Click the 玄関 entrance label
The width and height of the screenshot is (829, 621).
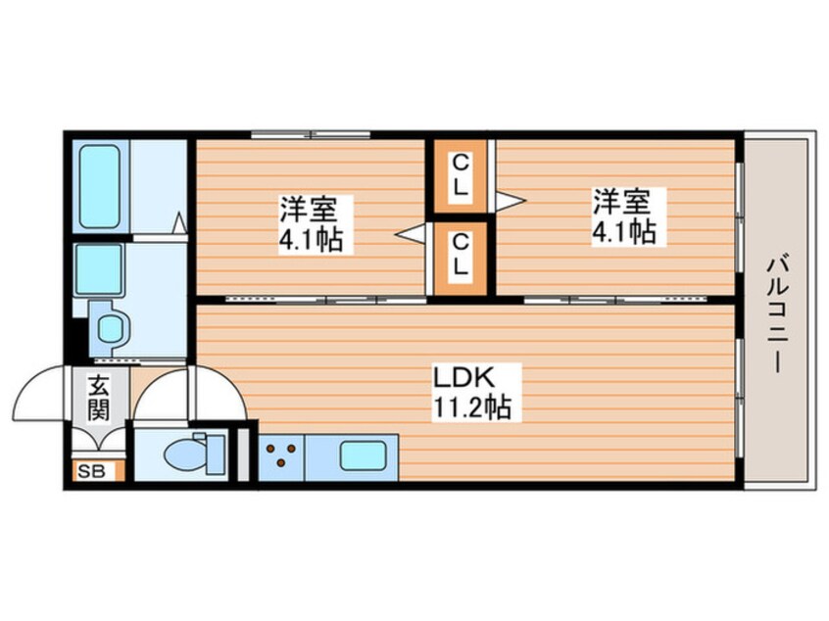pos(97,397)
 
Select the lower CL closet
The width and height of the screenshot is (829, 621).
pos(460,254)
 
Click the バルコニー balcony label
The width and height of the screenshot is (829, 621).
pos(776,312)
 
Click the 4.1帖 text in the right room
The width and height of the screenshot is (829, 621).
pos(621,232)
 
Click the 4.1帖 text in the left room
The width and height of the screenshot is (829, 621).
pos(310,237)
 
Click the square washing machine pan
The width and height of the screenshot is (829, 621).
pos(98,266)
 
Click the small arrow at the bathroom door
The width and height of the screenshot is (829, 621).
pos(180,224)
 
